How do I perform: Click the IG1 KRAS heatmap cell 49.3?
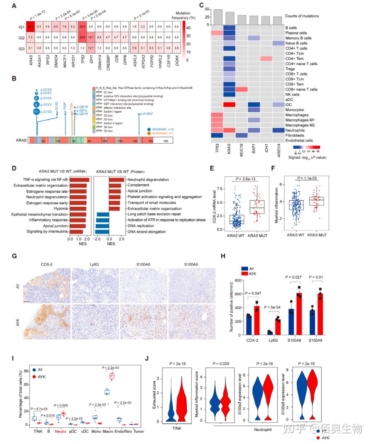pyautogui.click(x=31, y=27)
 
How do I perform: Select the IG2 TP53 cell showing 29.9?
pyautogui.click(x=82, y=37)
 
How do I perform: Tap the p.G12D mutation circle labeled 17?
pyautogui.click(x=36, y=112)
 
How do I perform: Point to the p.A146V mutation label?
pyautogui.click(x=147, y=114)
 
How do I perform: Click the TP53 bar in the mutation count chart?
pyautogui.click(x=218, y=17)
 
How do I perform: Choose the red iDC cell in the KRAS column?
pyautogui.click(x=229, y=104)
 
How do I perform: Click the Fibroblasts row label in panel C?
pyautogui.click(x=294, y=135)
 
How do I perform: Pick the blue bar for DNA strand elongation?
pyautogui.click(x=102, y=231)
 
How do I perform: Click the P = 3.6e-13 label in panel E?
pyautogui.click(x=246, y=179)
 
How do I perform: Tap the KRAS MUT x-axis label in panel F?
pyautogui.click(x=317, y=235)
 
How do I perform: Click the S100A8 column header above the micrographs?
pyautogui.click(x=143, y=265)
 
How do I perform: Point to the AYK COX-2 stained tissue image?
pyautogui.click(x=47, y=321)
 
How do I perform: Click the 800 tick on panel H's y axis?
pyautogui.click(x=238, y=280)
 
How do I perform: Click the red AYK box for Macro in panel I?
pyautogui.click(x=112, y=376)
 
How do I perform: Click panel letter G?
pyautogui.click(x=14, y=256)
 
